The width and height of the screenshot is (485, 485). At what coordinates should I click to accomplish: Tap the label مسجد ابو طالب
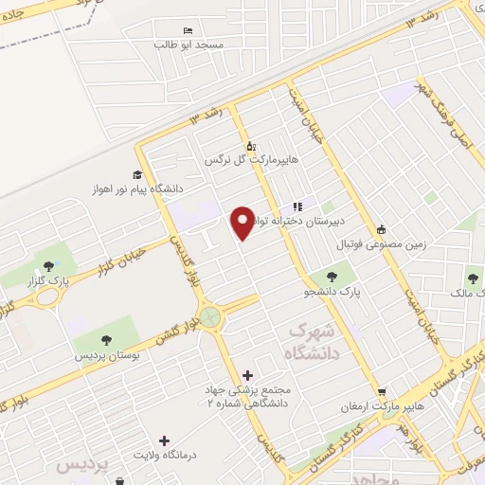[x=190, y=45]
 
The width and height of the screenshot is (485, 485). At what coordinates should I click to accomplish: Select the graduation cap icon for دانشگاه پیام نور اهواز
[x=138, y=174]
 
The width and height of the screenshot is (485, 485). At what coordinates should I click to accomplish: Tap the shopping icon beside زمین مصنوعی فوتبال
[x=381, y=228]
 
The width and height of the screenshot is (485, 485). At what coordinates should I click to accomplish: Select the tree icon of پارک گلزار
[x=47, y=265]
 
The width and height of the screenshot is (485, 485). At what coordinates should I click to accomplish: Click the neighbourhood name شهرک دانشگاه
[x=310, y=343]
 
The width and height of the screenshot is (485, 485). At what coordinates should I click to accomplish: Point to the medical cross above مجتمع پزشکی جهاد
[x=247, y=376]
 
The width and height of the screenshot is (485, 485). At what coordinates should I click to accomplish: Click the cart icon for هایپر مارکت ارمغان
[x=381, y=391]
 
